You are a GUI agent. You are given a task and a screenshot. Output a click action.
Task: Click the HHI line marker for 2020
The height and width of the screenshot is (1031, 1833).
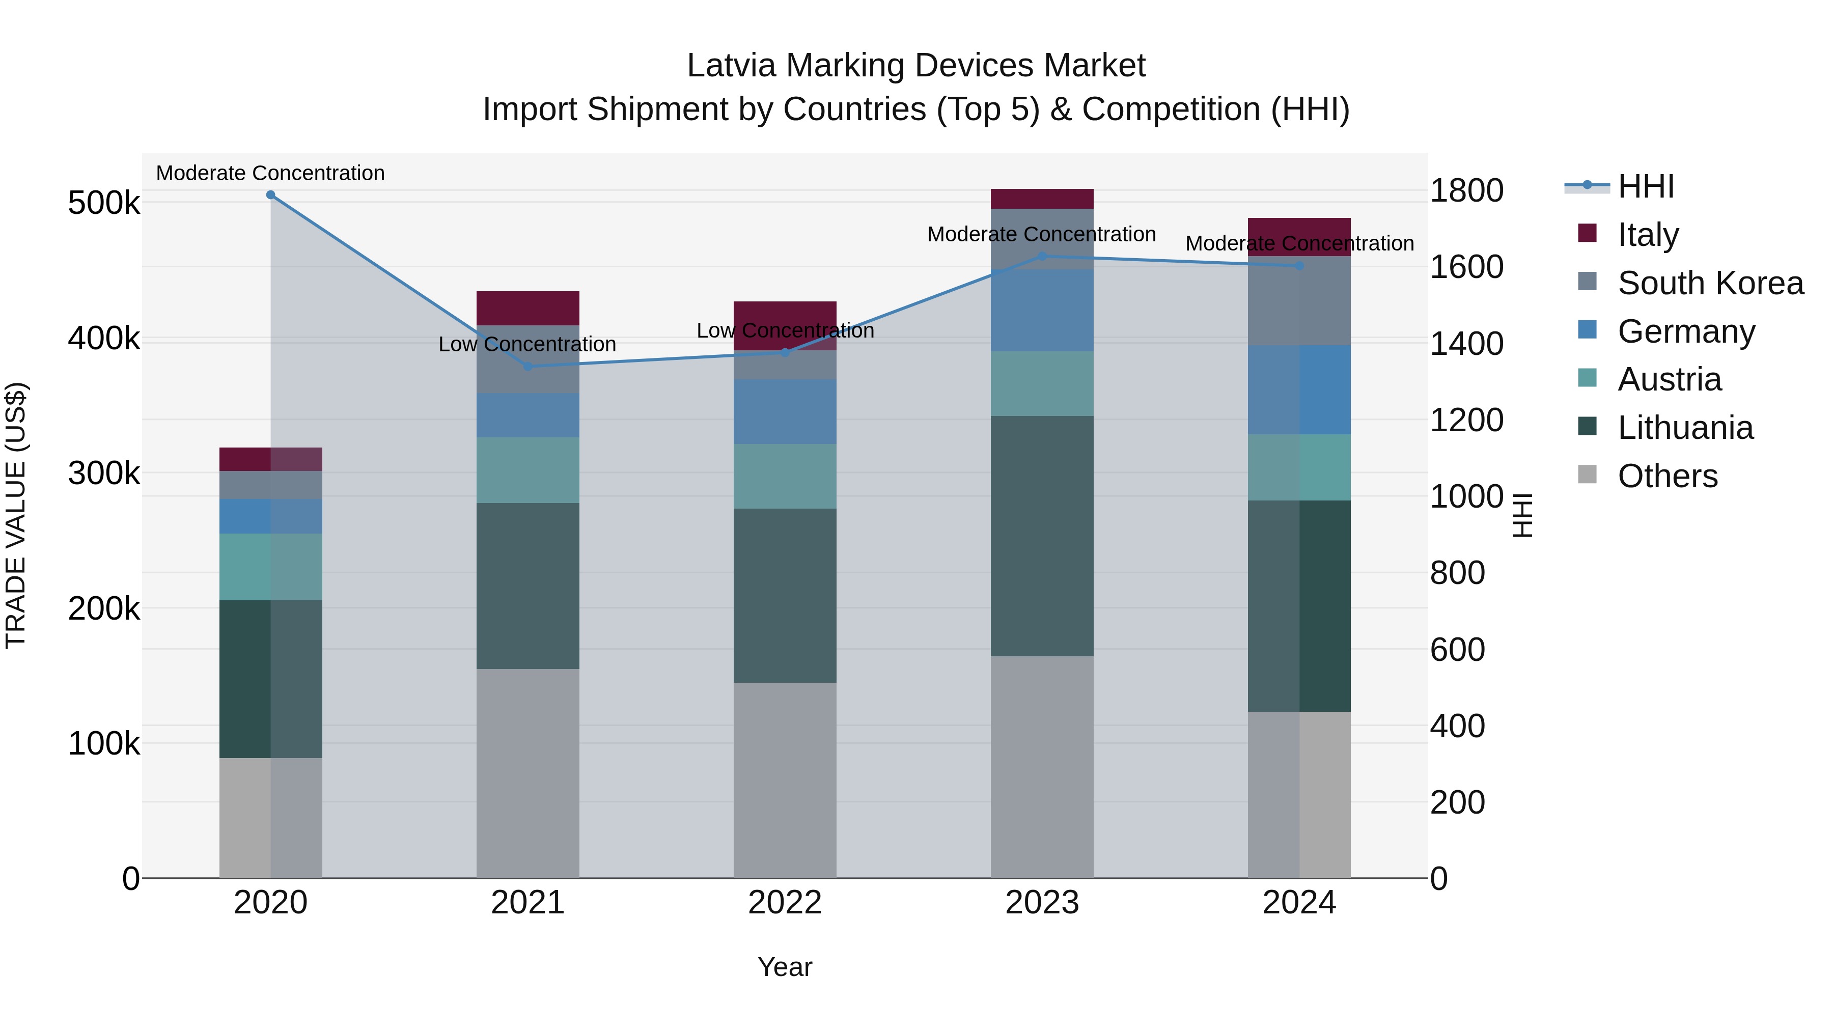click(270, 195)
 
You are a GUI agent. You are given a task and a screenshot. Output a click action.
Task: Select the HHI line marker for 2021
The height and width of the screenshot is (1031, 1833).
click(528, 367)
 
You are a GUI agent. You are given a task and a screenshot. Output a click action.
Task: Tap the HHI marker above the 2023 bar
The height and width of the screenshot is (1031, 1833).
click(1042, 256)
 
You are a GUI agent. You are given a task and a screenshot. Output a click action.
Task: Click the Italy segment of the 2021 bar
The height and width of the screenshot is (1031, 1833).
click(528, 308)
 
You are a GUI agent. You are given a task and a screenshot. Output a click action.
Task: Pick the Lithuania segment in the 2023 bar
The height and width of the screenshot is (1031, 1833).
click(1042, 536)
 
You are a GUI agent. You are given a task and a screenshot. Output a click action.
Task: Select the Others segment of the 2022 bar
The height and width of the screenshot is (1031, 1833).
click(785, 780)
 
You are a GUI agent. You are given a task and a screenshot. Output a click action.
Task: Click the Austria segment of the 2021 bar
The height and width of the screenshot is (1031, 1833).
click(528, 470)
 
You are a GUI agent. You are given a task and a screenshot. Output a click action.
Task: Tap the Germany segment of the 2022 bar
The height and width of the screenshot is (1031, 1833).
click(785, 411)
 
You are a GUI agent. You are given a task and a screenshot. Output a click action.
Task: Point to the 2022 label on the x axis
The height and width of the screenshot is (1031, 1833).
click(785, 903)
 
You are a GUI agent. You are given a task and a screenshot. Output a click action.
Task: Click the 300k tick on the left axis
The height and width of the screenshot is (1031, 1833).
click(104, 473)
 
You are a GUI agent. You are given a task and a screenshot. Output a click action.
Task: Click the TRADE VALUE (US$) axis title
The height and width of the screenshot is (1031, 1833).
click(16, 515)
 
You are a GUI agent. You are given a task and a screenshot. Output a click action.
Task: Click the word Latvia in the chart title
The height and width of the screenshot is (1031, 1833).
click(732, 66)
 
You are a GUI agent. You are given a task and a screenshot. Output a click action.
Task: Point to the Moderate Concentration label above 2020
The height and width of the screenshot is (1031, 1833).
click(270, 173)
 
